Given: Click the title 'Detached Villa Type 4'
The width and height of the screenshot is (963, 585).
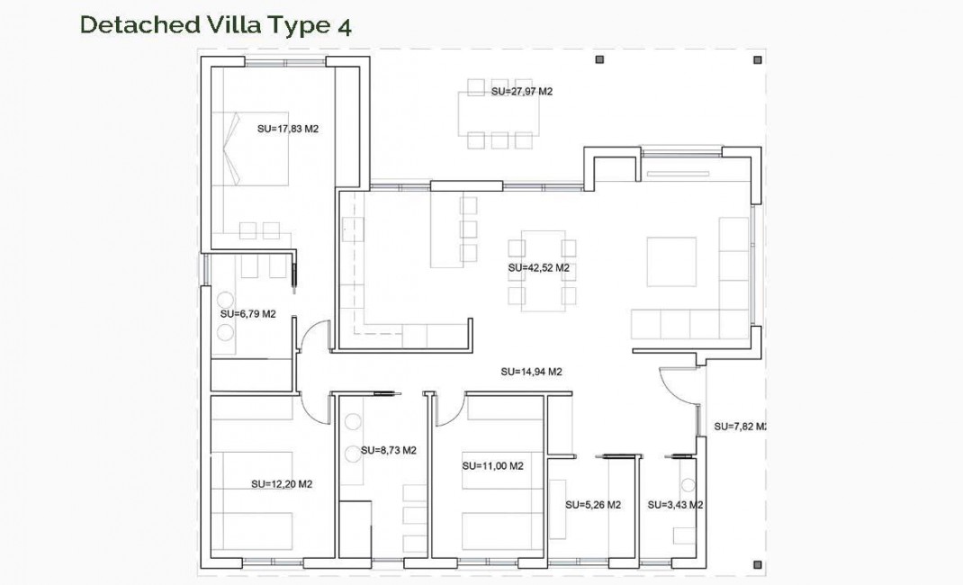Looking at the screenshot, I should click(x=215, y=24).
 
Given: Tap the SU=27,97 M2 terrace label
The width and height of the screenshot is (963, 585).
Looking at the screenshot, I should click(x=521, y=92).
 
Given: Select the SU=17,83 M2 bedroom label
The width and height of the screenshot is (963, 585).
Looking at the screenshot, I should click(x=288, y=129).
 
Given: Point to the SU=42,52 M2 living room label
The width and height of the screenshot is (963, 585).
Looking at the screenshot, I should click(x=538, y=268).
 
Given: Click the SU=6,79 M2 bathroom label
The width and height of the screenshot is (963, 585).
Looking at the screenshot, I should click(x=247, y=314).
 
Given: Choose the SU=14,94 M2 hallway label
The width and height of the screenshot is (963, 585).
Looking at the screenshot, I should click(x=531, y=371).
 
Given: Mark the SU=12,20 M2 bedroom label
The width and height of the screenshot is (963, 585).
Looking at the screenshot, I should click(x=281, y=483).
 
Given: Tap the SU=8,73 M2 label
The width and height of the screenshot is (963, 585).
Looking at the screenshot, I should click(x=388, y=450).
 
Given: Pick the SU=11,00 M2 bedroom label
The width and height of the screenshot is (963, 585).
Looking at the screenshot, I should click(x=492, y=466).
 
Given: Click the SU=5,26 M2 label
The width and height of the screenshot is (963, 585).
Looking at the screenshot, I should click(x=593, y=505).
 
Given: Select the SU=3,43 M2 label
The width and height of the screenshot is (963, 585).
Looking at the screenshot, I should click(x=675, y=505).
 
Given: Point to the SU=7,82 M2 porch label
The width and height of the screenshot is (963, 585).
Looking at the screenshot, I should click(x=739, y=426).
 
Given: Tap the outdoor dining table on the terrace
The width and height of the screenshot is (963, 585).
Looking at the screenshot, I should click(x=499, y=112).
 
